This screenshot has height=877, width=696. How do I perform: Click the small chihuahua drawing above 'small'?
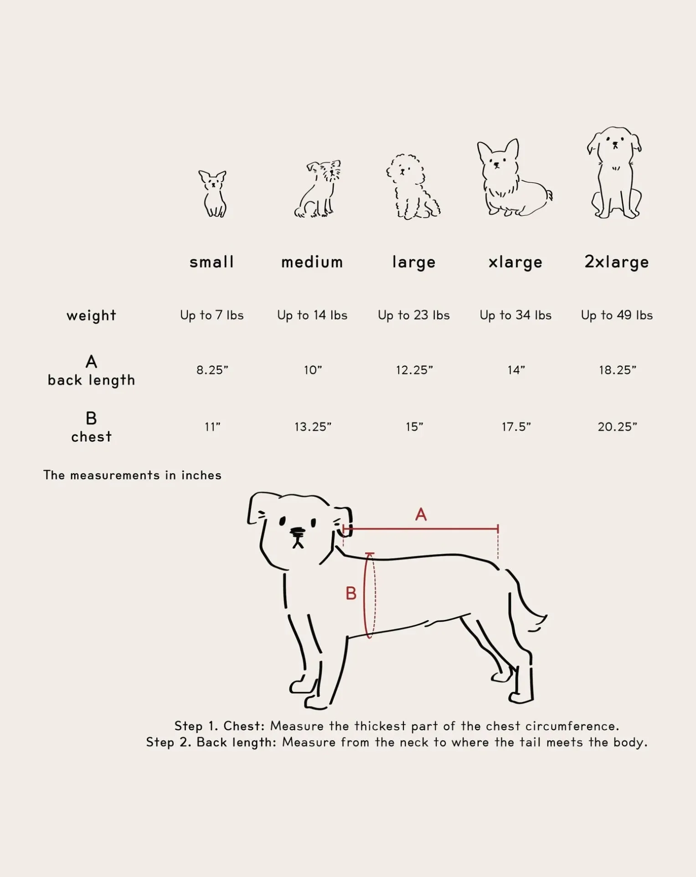coord(213,194)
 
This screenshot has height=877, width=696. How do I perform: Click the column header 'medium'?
coord(312,262)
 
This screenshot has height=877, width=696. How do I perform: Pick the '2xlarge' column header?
coord(616,262)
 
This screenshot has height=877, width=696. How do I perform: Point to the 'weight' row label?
coord(91,315)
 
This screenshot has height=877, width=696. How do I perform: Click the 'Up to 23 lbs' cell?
coord(413,315)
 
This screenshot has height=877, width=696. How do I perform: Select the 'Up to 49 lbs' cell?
coord(616,315)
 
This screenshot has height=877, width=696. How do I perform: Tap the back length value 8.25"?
coord(212,370)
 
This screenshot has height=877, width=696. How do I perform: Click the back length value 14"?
coord(516,370)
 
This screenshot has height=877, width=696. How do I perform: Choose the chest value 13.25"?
coord(313,427)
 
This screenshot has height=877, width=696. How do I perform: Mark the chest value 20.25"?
coord(617,427)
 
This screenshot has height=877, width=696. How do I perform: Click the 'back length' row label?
coord(91,380)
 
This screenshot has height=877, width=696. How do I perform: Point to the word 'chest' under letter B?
coord(91,437)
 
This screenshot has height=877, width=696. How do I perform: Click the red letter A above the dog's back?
coord(421,515)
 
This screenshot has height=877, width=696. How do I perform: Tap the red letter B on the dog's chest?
coord(351,593)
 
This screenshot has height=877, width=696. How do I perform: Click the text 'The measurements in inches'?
coord(132,475)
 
